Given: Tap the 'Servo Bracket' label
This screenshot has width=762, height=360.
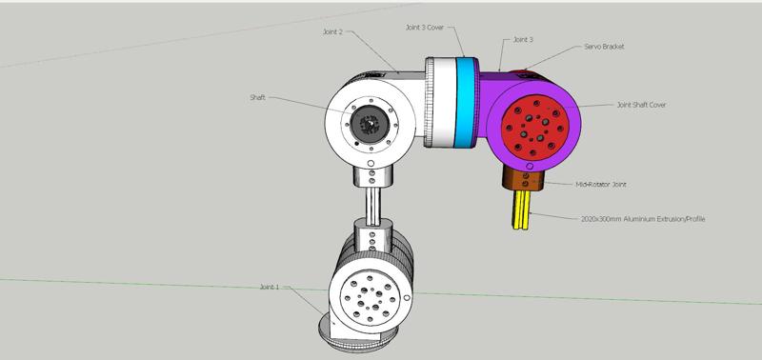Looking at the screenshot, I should [603, 46].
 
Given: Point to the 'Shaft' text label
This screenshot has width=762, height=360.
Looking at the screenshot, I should [258, 96].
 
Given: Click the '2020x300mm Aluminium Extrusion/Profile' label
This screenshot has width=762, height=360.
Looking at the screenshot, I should [643, 218].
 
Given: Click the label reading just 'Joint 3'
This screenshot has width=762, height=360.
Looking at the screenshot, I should [523, 40].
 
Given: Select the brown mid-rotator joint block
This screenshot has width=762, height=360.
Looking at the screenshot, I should [523, 178].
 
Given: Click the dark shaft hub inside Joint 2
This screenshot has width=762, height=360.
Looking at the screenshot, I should [370, 124].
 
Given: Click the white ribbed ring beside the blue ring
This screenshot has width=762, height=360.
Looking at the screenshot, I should [439, 103].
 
